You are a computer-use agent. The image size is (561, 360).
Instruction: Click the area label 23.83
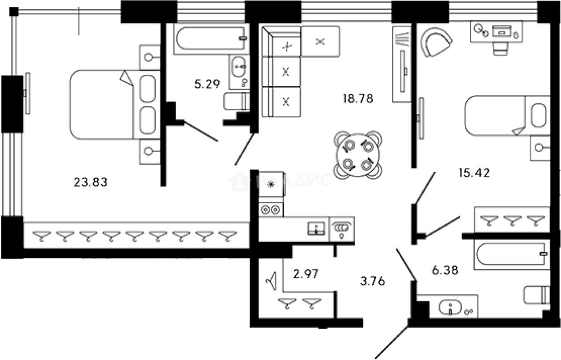(x=90, y=182)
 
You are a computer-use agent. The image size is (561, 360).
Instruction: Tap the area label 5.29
(x=207, y=84)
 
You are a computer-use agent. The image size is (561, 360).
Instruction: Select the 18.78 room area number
(x=358, y=99)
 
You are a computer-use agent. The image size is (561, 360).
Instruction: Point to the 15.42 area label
(x=474, y=173)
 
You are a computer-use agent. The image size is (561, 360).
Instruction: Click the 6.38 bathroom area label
(x=445, y=270)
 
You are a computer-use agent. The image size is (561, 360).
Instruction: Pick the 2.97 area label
(x=306, y=274)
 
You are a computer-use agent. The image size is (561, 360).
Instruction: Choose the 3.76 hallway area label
(x=372, y=281)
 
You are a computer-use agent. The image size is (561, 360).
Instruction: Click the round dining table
(x=358, y=155)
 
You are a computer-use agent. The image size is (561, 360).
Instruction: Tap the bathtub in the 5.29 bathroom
(x=211, y=39)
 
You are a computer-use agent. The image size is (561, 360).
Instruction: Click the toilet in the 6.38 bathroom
(x=537, y=295)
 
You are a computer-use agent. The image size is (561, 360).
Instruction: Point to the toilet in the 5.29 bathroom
(x=236, y=101)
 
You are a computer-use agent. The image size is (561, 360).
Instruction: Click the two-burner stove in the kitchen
(x=271, y=210)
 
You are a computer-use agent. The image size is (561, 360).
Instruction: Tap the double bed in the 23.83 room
(x=115, y=104)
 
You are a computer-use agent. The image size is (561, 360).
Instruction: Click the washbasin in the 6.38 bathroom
(x=450, y=307)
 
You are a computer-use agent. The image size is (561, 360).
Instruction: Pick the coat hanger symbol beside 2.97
(x=271, y=281)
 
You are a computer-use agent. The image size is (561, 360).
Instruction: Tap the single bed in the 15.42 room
(x=507, y=116)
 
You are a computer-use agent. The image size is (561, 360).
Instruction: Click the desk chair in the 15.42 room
(x=501, y=48)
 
